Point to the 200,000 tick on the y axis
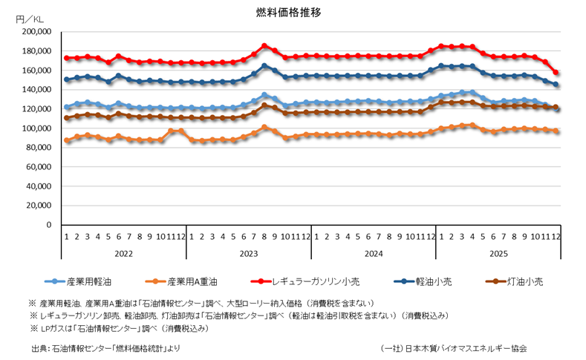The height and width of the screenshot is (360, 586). coord(35,32)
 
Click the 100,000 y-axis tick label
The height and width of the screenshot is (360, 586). coord(35,128)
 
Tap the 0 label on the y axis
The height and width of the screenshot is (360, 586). coord(48,225)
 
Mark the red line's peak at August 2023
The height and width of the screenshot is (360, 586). coord(264,46)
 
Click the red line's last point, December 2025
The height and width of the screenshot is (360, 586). coord(556,73)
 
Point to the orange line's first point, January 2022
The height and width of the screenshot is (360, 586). coord(67,140)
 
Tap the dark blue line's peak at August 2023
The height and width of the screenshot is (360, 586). coord(264,66)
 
